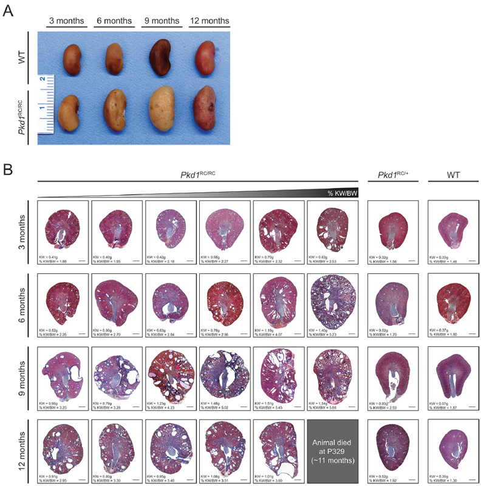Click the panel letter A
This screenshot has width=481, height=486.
(9, 11)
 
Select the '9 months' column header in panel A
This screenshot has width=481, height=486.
(161, 21)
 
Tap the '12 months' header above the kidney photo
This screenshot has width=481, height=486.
(210, 21)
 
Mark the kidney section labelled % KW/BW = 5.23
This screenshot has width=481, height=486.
(333, 300)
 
